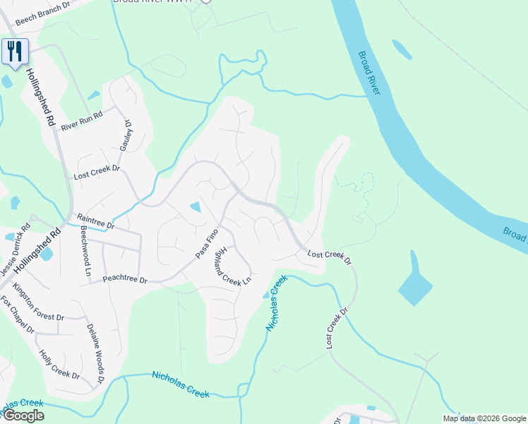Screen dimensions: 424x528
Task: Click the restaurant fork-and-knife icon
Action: click(x=14, y=52)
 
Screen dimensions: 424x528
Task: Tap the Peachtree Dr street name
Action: click(x=124, y=280)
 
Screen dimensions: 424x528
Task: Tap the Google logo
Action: click(x=23, y=416)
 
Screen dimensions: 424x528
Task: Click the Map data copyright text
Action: click(x=484, y=418)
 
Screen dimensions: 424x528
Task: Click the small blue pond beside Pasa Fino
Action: click(x=196, y=207)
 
